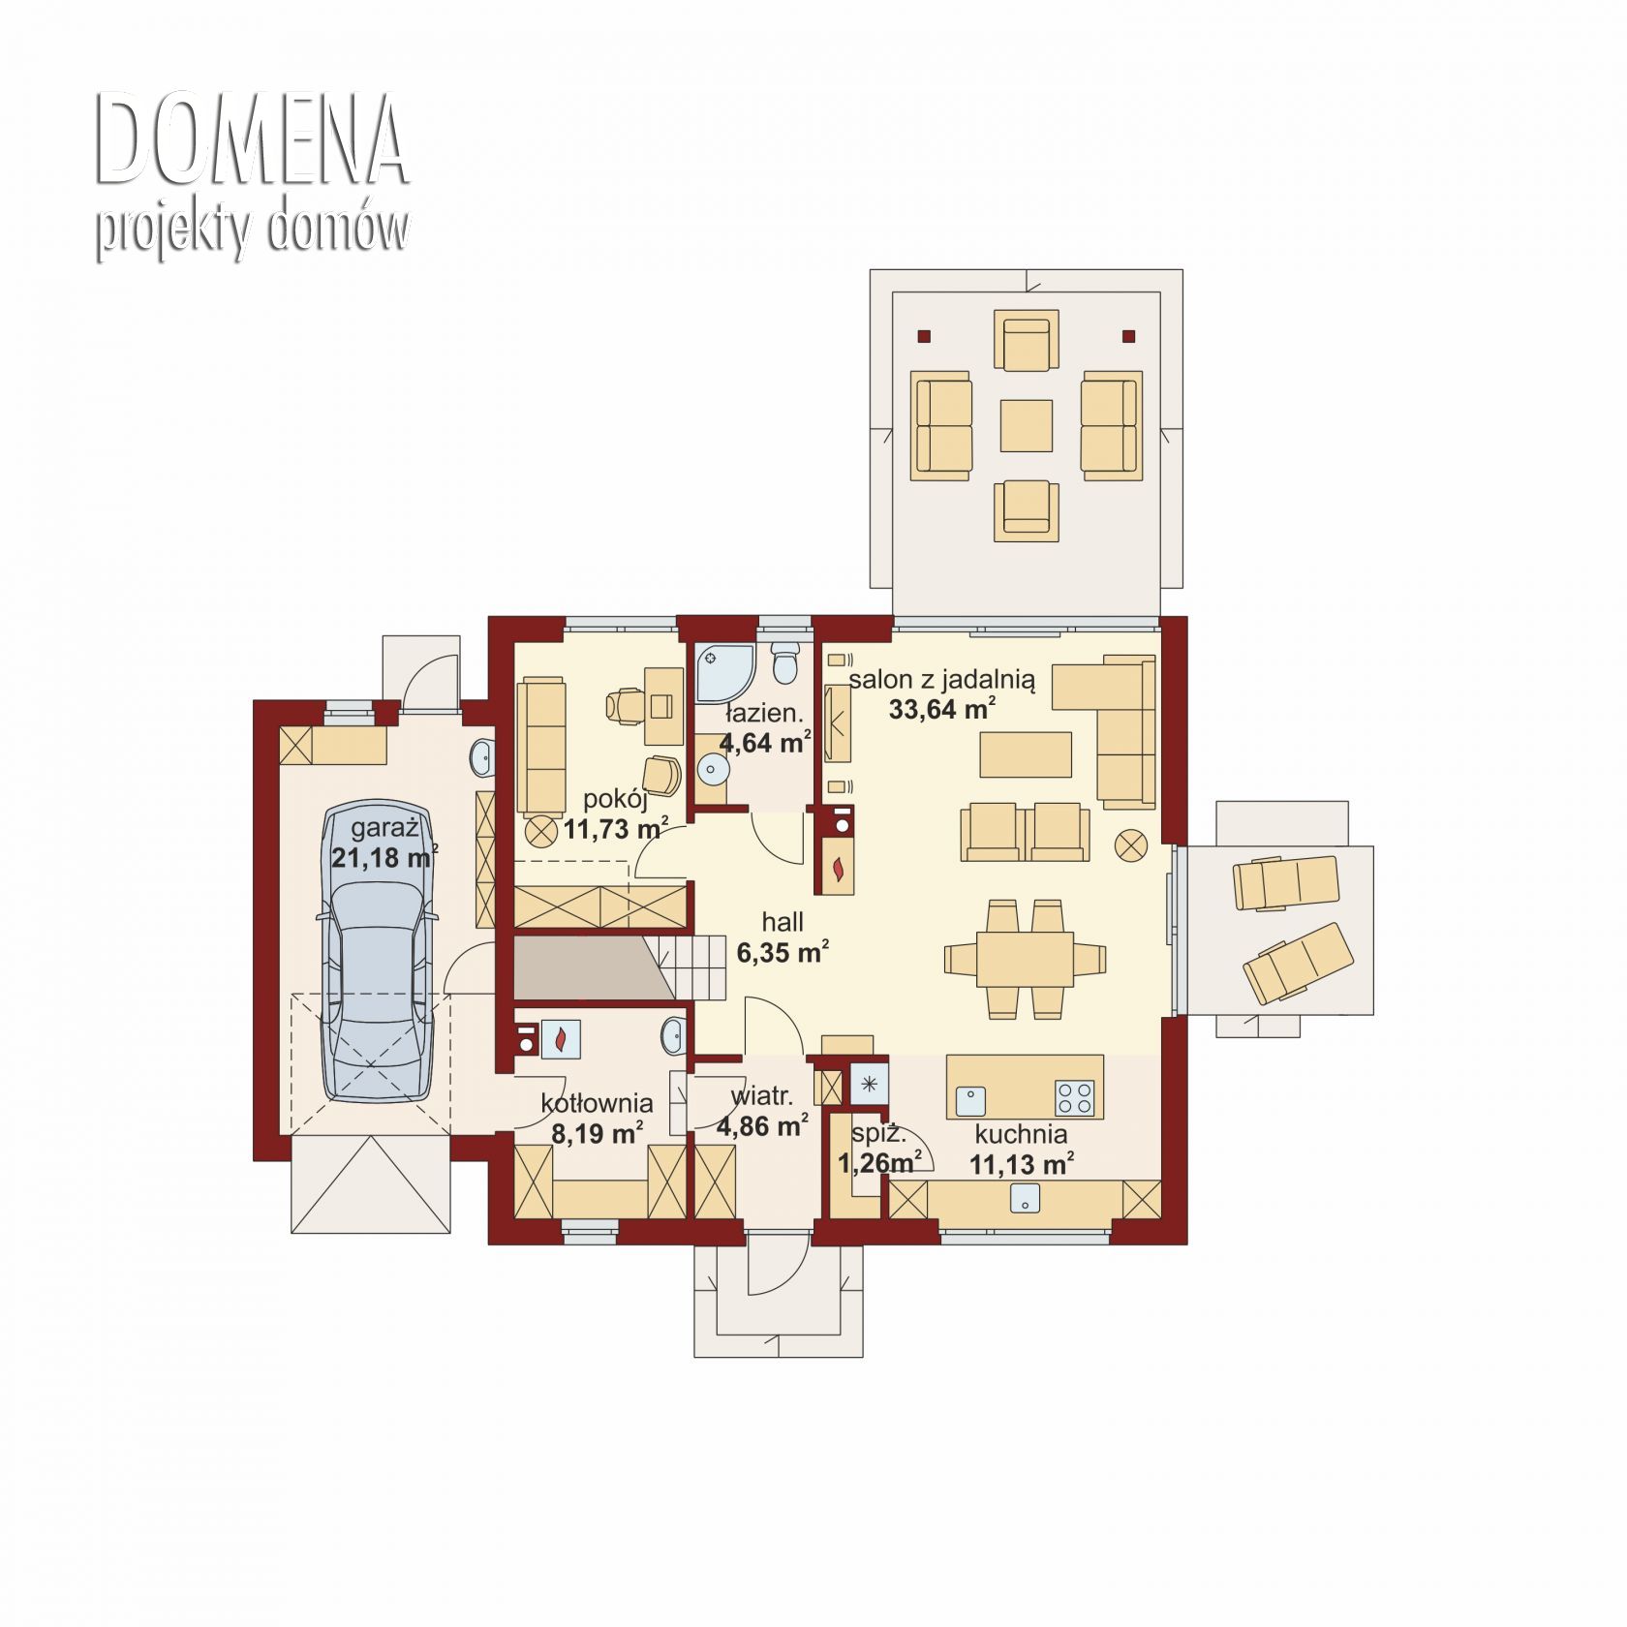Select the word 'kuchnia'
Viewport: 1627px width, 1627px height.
(1022, 1134)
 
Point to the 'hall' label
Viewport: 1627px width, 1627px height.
(783, 922)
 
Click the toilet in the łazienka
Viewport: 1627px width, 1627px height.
(784, 663)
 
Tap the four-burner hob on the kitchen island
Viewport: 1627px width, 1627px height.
(1074, 1098)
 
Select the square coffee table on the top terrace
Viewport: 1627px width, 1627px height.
(1026, 425)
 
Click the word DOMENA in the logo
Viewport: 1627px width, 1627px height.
(252, 140)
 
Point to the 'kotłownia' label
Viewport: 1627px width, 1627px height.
(597, 1103)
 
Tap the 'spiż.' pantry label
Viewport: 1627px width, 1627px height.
(878, 1134)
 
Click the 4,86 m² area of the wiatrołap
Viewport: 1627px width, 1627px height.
(763, 1125)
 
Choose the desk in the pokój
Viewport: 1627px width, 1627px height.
(662, 692)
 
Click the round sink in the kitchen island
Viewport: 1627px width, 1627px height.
(970, 1100)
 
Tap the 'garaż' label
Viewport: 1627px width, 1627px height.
(384, 829)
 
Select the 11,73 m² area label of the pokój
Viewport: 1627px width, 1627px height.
(617, 829)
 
